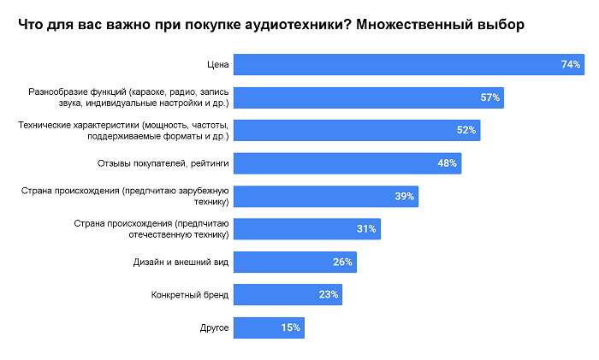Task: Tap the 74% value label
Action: [571, 65]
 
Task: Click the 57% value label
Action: [489, 97]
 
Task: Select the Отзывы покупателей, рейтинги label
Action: [176, 163]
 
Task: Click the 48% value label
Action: [448, 163]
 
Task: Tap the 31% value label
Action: [366, 229]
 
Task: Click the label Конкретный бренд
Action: [190, 295]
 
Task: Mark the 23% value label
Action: [329, 295]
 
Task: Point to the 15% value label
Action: [291, 328]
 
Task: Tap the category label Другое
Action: [214, 328]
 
